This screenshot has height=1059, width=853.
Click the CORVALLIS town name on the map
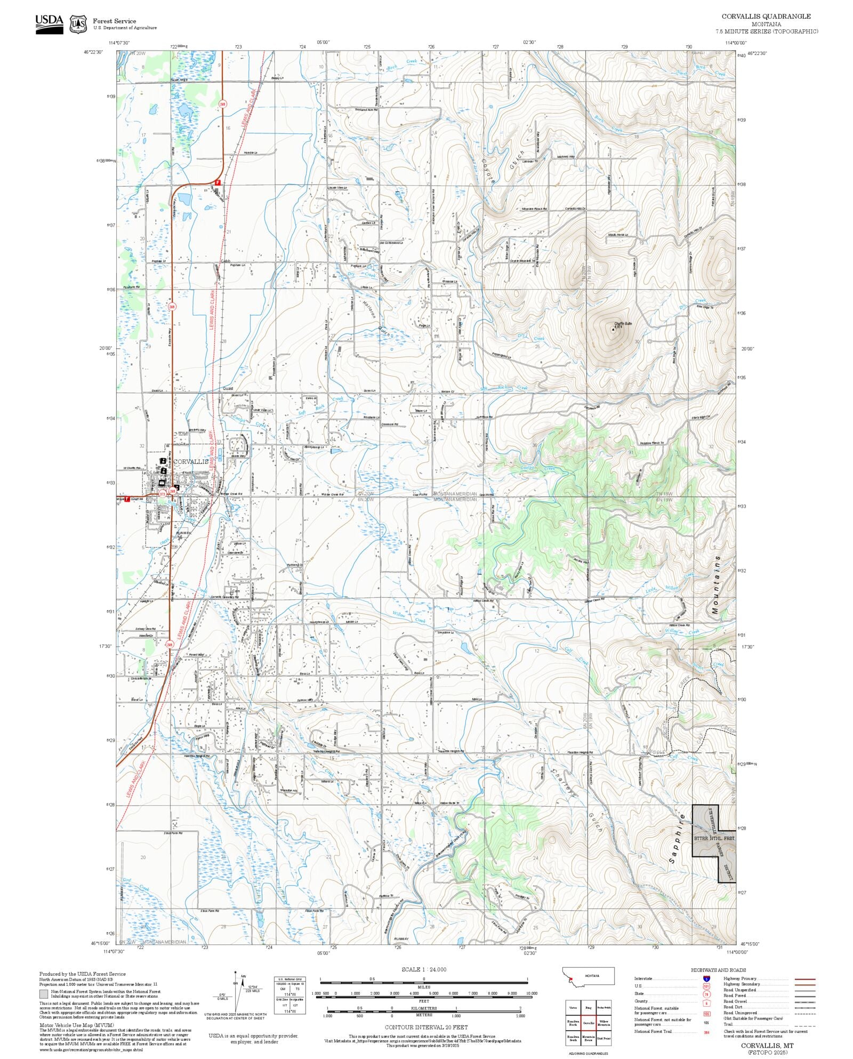click(191, 461)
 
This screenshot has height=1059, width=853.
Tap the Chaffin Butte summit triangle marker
click(613, 330)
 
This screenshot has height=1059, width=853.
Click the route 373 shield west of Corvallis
click(162, 494)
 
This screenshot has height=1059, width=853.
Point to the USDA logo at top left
click(50, 24)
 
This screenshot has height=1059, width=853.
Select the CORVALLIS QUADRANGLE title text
click(766, 17)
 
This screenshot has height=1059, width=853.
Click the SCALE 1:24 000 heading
click(424, 969)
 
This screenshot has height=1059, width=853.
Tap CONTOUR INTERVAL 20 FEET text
click(426, 1027)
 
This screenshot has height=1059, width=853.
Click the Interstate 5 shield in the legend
click(707, 979)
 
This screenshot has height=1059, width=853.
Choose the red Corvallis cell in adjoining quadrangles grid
click(589, 1023)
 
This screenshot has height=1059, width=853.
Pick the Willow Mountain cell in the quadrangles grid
click(604, 1023)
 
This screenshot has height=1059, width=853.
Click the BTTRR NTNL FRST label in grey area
click(714, 839)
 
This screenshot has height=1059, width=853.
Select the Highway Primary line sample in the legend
click(804, 979)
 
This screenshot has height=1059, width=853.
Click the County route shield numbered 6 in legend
click(707, 1003)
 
